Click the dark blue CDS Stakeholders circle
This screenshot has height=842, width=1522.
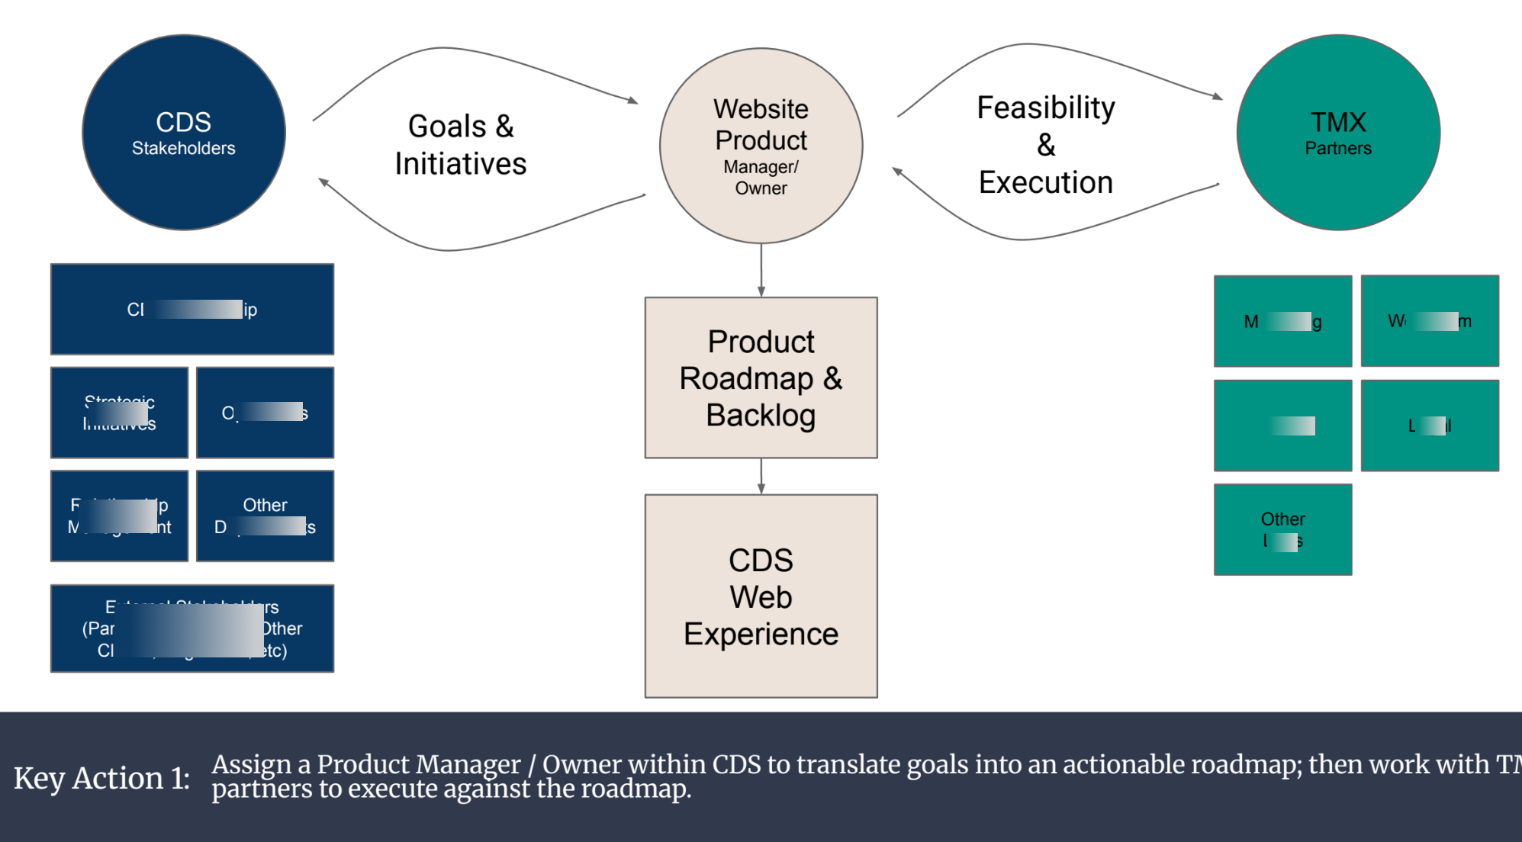pos(183,132)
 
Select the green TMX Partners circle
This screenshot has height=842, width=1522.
pos(1337,132)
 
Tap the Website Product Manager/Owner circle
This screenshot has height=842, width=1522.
pos(761,146)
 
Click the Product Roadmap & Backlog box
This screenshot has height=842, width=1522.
pos(761,378)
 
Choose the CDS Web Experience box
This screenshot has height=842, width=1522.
pos(761,596)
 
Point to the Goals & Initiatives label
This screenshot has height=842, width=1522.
pos(460,145)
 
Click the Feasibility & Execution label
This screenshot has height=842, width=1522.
pos(1045,145)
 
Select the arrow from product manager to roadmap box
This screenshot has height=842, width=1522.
pos(761,271)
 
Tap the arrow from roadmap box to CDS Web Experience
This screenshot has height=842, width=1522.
pos(761,477)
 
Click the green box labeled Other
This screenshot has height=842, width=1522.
pos(1282,529)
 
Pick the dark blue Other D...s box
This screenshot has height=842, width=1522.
pos(265,516)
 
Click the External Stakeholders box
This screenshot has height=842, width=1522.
pos(191,628)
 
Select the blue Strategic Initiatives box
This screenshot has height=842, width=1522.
pos(119,413)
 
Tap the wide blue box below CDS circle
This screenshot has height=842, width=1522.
pos(191,309)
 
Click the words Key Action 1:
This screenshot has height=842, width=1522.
pos(101,778)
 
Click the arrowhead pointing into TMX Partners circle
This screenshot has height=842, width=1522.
pos(1218,97)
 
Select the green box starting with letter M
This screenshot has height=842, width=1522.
pos(1282,321)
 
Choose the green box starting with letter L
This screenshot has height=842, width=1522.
pos(1429,426)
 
